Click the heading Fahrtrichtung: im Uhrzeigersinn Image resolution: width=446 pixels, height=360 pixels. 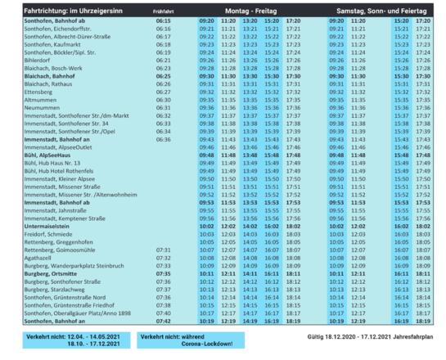[x=65, y=9]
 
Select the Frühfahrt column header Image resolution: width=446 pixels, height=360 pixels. [x=163, y=9]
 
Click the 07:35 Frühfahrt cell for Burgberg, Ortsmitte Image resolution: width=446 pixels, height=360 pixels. [x=162, y=272]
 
